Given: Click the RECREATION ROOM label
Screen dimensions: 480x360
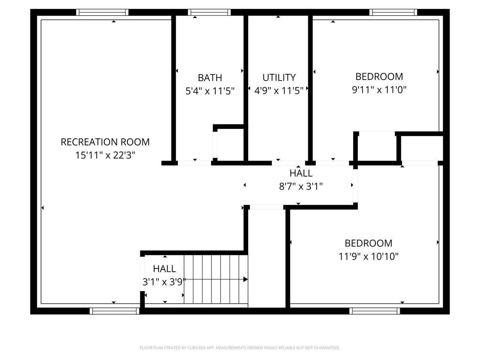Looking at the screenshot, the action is [105, 142].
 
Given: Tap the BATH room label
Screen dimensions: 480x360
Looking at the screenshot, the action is [210, 78].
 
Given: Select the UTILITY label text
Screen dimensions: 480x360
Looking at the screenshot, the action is [279, 78].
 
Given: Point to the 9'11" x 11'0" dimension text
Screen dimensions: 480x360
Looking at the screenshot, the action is [379, 90].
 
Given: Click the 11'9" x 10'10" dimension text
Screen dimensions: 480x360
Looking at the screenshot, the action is [369, 256].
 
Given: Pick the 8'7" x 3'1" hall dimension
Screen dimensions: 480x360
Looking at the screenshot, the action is [301, 186].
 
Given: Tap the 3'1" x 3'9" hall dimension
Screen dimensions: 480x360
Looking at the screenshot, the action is [164, 282].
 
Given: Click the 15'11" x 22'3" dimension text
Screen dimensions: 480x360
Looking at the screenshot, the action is [105, 155].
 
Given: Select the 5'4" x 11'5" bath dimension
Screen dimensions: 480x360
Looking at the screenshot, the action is [210, 91].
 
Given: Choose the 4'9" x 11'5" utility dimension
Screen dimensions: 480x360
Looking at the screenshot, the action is [279, 90].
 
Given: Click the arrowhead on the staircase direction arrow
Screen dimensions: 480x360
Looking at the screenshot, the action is [246, 279].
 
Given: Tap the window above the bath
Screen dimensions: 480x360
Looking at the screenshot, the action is [209, 12].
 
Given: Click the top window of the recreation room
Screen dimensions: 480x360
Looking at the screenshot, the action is [102, 12].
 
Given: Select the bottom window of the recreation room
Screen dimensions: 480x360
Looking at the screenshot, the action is [114, 311].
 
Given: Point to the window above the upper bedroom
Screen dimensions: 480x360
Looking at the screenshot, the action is [393, 12].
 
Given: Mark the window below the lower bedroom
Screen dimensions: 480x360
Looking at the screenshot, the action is [375, 311].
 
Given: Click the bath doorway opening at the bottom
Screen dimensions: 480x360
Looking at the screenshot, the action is [194, 163].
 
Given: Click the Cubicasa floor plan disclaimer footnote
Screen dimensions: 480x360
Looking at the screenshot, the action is [240, 348].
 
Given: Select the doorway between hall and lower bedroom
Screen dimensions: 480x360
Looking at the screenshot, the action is [355, 186].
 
